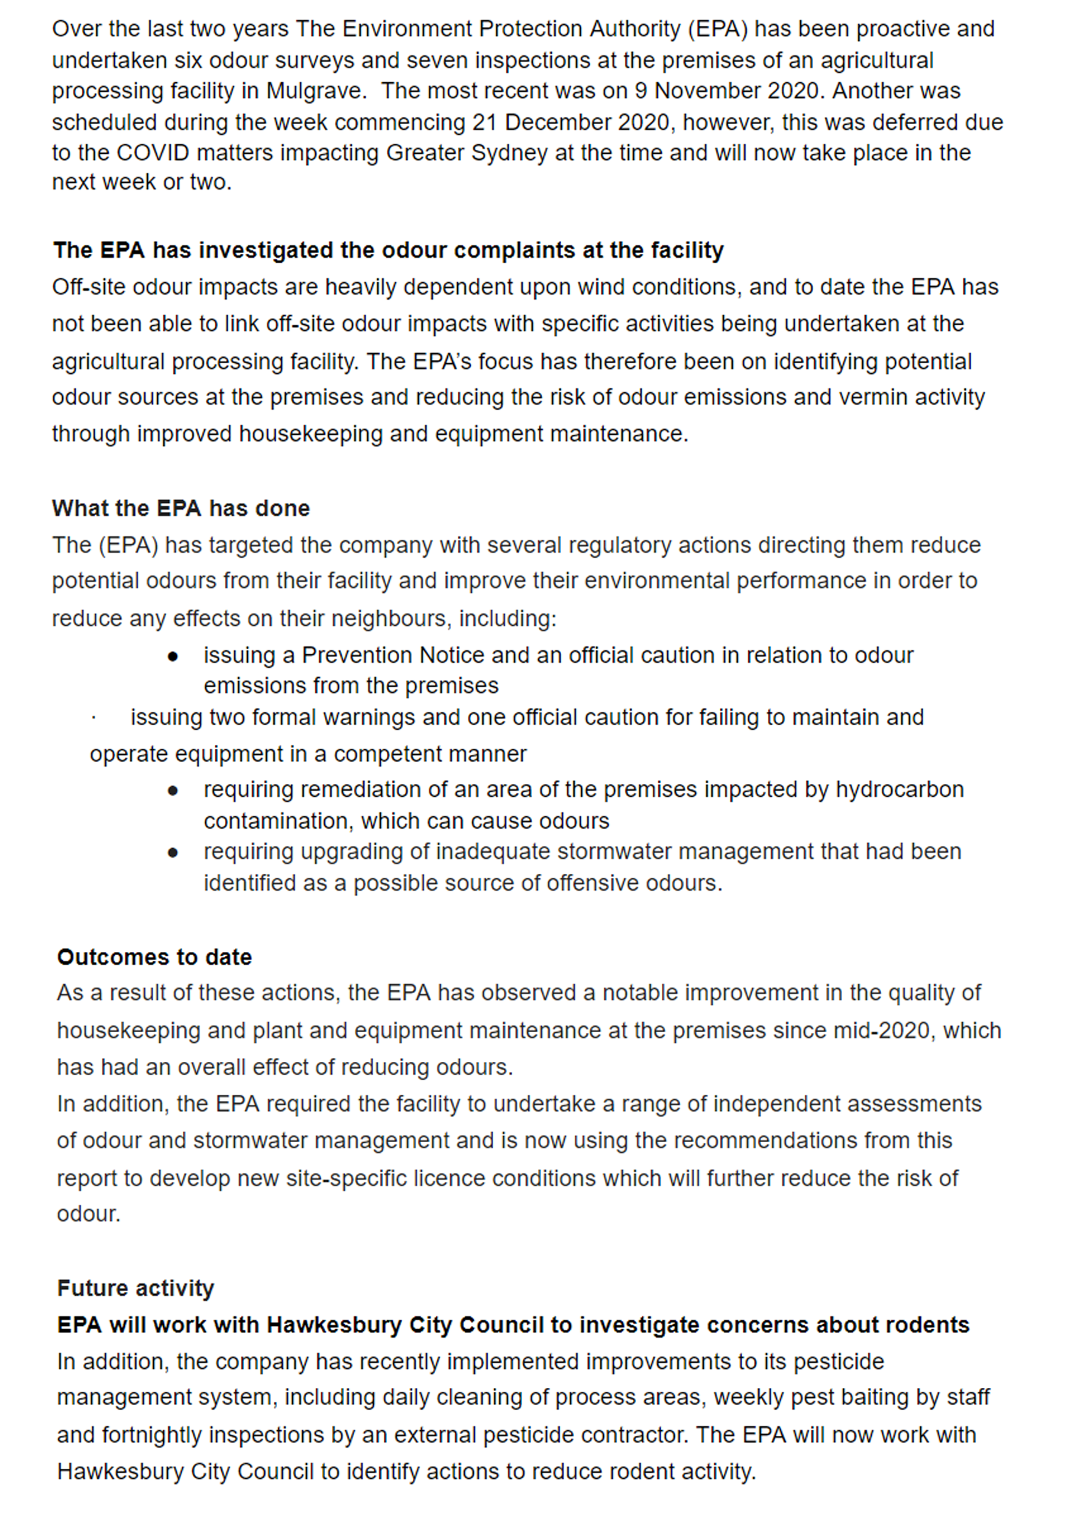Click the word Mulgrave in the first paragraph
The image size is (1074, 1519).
click(315, 90)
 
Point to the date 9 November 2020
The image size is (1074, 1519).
click(727, 90)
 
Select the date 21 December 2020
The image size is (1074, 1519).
click(574, 123)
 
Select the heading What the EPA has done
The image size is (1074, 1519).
click(181, 508)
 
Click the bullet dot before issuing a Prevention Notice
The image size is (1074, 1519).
click(173, 656)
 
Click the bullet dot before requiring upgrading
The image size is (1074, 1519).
click(173, 853)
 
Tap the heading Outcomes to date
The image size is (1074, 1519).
click(154, 957)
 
